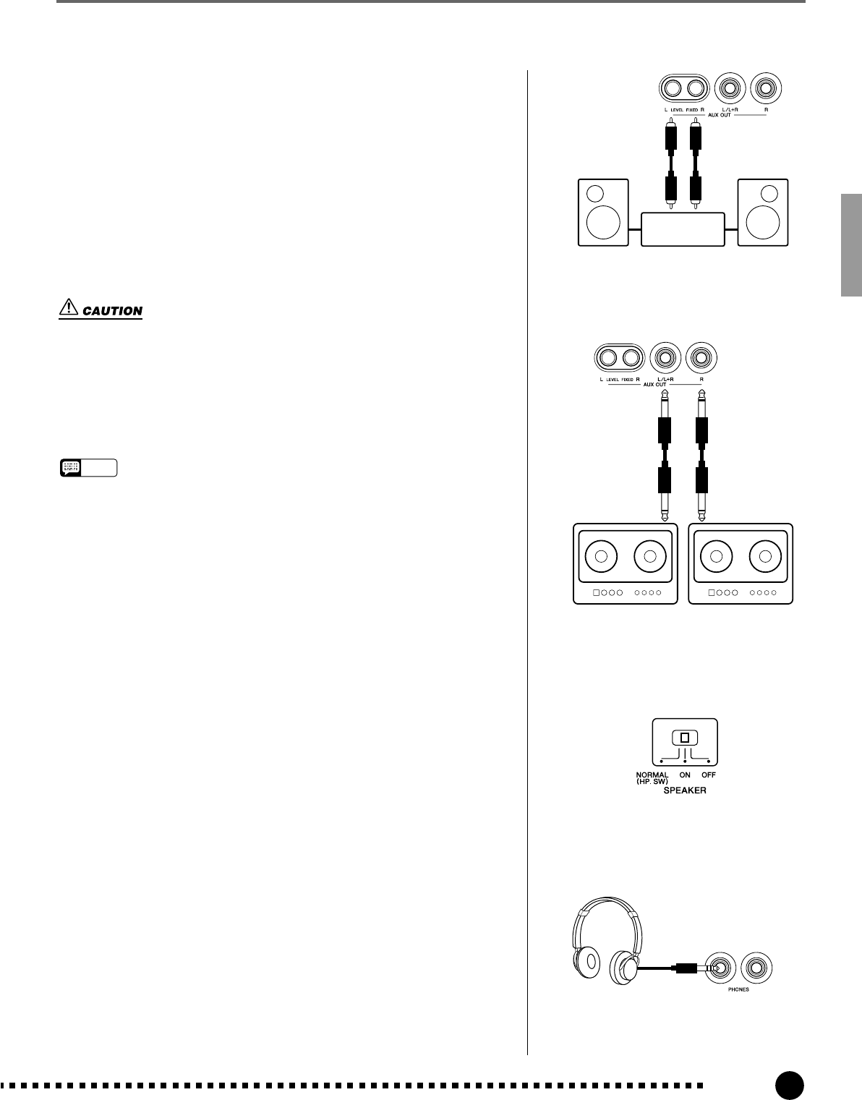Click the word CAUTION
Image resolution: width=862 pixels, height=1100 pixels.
[112, 311]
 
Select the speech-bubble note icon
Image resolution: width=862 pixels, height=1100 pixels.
[71, 468]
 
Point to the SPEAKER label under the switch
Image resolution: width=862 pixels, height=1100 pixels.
[685, 791]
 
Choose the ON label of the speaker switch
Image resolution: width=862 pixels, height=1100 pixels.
[684, 775]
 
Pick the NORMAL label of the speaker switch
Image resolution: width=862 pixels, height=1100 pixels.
[652, 775]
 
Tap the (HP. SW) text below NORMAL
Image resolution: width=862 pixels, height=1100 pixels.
[652, 782]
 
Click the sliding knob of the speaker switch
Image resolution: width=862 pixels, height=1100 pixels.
[684, 738]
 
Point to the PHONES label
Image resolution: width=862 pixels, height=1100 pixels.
[738, 989]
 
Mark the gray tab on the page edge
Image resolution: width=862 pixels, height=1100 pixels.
[850, 245]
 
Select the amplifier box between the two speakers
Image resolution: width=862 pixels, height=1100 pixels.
[683, 229]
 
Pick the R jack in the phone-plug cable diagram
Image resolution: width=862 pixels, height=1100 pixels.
[699, 357]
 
